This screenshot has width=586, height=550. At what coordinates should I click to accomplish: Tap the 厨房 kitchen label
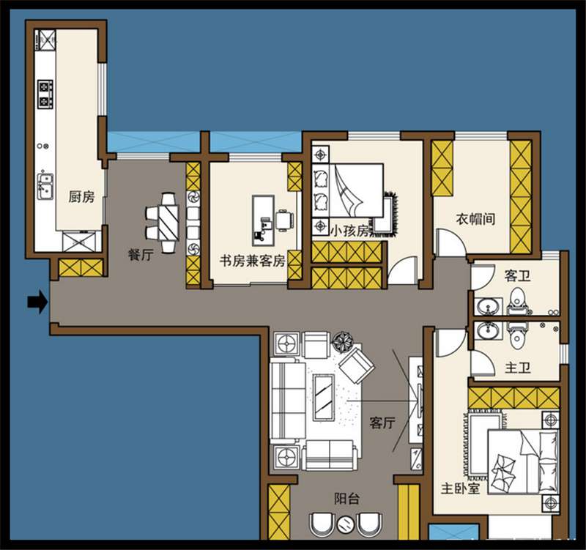tap(81, 196)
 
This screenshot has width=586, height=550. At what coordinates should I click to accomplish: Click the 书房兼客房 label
tap(252, 261)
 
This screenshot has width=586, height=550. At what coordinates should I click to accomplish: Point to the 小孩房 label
tap(349, 231)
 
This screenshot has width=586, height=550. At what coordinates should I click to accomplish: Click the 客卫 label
tap(516, 276)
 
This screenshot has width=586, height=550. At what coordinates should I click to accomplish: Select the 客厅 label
tap(382, 423)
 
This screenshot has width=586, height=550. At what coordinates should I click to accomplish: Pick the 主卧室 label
tap(460, 487)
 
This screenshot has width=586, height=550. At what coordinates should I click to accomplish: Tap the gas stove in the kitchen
tap(46, 93)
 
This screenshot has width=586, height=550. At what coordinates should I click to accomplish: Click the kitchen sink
tap(45, 187)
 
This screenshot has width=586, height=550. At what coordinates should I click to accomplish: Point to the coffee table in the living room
tap(323, 397)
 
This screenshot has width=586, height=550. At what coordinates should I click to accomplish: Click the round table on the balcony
tap(345, 524)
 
